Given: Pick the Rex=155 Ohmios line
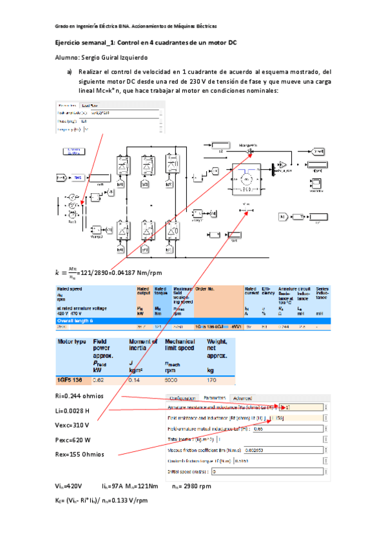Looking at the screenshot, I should [79, 455].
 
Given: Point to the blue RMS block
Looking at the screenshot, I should [76, 177].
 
